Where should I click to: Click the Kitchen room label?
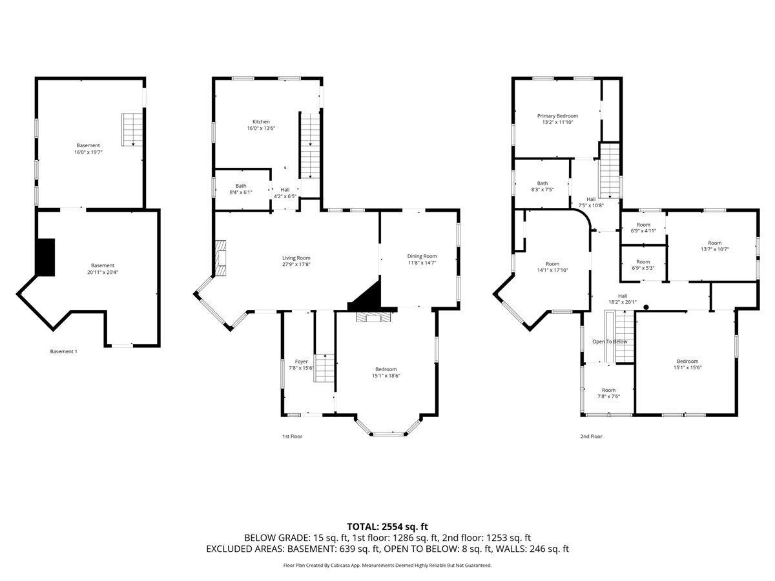click(x=261, y=122)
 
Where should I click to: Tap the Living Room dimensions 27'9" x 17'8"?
click(x=296, y=264)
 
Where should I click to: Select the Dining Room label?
click(x=422, y=256)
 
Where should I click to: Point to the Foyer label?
click(x=301, y=362)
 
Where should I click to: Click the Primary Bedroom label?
click(x=557, y=116)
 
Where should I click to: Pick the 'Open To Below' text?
click(x=610, y=341)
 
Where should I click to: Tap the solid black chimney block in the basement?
click(x=46, y=257)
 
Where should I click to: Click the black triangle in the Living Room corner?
click(x=366, y=294)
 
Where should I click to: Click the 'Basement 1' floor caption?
click(x=63, y=351)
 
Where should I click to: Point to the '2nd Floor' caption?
click(x=592, y=436)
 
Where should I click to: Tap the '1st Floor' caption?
click(x=293, y=436)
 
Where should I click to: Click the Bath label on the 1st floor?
click(x=241, y=186)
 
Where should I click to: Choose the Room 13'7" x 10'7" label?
click(x=715, y=246)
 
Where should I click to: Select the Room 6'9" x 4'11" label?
click(x=643, y=228)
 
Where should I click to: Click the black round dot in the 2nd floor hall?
click(x=646, y=307)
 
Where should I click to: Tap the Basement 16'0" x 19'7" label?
click(x=88, y=149)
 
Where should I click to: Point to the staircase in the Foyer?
click(x=324, y=368)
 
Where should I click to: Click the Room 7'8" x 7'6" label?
click(x=609, y=393)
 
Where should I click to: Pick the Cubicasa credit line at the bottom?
click(x=387, y=565)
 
